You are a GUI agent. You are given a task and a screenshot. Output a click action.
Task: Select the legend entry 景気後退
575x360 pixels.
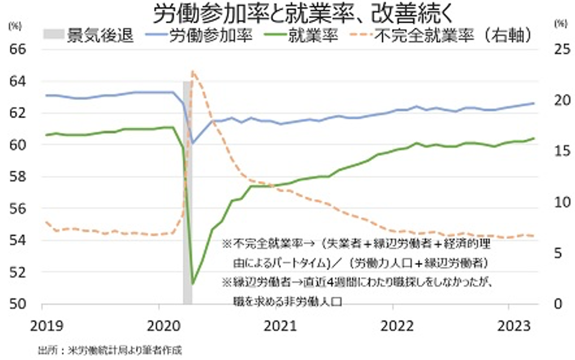88,35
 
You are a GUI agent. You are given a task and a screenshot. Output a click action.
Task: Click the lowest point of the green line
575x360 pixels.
193,284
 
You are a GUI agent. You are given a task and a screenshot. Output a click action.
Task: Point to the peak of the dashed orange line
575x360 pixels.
193,71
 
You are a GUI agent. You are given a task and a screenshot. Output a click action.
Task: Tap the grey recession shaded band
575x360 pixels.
187,189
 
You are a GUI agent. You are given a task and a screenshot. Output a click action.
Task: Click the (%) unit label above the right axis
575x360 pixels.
560,23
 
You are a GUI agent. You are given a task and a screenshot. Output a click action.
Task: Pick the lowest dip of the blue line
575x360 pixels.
193,142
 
